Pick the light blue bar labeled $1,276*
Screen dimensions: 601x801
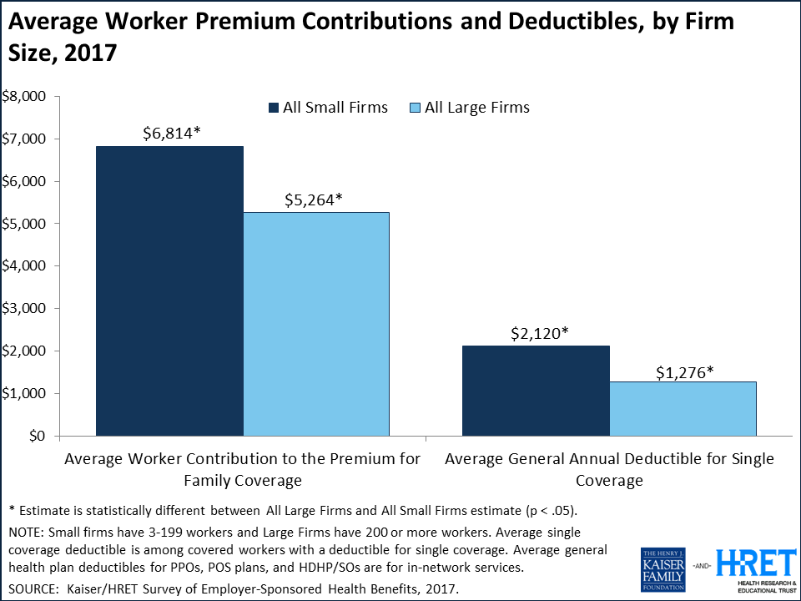(683, 408)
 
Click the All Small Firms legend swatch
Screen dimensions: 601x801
(273, 108)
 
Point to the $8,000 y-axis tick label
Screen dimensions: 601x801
(24, 97)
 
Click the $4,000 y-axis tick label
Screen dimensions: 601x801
(24, 266)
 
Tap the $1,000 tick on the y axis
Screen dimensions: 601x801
(24, 393)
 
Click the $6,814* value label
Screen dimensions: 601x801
(170, 132)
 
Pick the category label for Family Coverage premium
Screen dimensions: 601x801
(243, 470)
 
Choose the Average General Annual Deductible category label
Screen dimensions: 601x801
(609, 470)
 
